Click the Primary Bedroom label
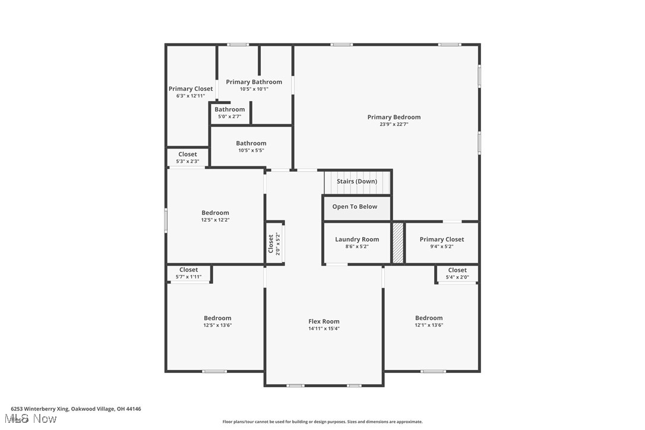pos(394,117)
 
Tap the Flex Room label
pos(324,321)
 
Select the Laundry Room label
pos(357,239)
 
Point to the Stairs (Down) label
pos(357,181)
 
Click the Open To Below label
pos(355,207)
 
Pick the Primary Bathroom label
pos(254,82)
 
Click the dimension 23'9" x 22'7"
pos(394,125)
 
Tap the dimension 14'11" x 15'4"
pos(324,328)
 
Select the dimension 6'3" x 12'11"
pos(190,96)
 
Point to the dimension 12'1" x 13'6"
pos(429,325)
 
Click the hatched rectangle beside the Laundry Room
pos(398,242)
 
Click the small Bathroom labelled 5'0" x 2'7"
pos(229,109)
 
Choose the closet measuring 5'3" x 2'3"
pos(188,154)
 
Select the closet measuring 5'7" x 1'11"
pos(188,270)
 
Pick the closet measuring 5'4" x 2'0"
pos(457,270)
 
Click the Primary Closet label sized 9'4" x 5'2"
pos(442,239)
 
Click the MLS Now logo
pos(33,419)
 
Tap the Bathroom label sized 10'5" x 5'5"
pos(251,143)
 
